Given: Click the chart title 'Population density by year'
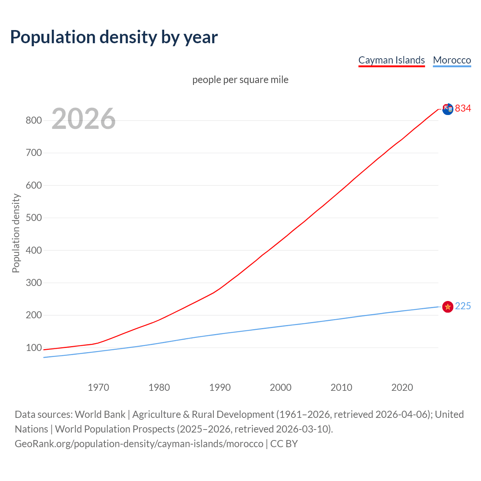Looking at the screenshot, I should point(114,37).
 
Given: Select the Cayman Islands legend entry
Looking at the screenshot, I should point(391,60).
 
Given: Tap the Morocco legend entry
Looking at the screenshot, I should point(452,60).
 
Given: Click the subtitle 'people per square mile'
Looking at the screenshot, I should point(240,80).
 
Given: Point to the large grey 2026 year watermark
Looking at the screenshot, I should point(83,119).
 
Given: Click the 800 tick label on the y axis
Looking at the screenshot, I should point(33,121).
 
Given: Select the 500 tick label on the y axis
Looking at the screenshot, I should point(33,218).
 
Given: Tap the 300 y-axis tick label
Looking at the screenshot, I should point(33,283).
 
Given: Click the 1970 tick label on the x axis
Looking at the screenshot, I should point(98,387).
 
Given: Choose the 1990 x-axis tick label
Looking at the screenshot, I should point(220,387).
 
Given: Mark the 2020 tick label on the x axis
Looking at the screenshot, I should point(402,387).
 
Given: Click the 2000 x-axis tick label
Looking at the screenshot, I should point(281,387).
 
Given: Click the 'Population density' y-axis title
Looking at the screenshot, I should point(16,233).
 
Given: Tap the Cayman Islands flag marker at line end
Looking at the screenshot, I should point(448,109).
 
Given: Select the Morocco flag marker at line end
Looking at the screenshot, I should point(448,307).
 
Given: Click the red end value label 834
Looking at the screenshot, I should point(463,109).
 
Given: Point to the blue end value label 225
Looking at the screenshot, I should point(463,306).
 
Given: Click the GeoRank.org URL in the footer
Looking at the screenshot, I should point(139,444).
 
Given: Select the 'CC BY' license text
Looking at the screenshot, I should point(284,444).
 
